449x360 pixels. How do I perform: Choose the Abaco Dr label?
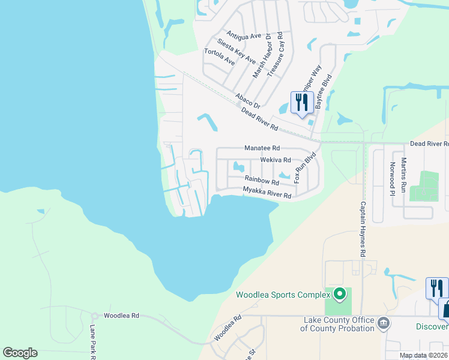(248, 100)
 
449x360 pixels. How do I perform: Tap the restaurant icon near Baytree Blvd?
(301, 101)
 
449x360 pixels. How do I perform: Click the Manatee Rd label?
(262, 148)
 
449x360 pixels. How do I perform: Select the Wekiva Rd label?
(276, 160)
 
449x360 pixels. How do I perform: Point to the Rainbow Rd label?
(262, 179)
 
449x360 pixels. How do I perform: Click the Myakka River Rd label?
(267, 192)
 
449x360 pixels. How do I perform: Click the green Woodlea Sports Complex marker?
(339, 294)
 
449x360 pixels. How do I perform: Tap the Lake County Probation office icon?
(384, 324)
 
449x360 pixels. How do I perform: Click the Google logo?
(20, 353)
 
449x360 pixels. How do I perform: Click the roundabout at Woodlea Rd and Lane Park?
(94, 316)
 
